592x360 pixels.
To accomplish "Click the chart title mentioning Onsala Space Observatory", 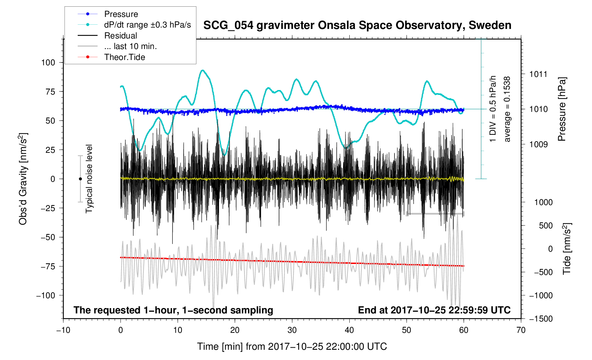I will (x=357, y=25).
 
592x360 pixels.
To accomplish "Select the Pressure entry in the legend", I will (x=121, y=14).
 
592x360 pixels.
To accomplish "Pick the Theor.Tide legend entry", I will (x=124, y=57).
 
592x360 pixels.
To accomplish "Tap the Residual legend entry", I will (x=120, y=36).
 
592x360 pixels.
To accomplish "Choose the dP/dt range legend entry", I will (x=147, y=25).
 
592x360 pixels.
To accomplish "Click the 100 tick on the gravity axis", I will (x=48, y=62).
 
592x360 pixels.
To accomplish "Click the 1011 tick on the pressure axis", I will (x=538, y=74).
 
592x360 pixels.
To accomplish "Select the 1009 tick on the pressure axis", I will (x=538, y=144).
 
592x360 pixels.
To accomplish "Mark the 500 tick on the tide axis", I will (x=546, y=226).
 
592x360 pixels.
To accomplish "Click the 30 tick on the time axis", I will (x=292, y=330).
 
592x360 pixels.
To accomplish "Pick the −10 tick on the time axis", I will (x=63, y=330).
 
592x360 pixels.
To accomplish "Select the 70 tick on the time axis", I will (x=521, y=330).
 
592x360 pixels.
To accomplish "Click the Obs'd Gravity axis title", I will (x=23, y=179).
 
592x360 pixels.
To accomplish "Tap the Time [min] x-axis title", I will (x=292, y=347).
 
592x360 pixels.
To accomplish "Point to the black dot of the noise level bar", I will (x=80, y=179).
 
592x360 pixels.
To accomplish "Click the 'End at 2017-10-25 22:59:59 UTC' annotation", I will (x=434, y=310).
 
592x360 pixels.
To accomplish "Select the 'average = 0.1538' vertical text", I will (x=507, y=109).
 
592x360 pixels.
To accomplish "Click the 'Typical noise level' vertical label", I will (x=89, y=179).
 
